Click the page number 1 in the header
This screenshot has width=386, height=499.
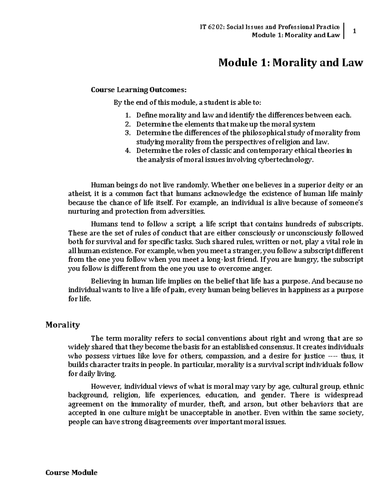coord(354,31)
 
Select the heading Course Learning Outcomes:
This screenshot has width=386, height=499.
coord(138,90)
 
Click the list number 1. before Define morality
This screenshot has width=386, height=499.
coord(128,115)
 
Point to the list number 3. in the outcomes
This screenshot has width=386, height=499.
coord(128,133)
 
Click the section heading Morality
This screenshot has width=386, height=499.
coord(62,325)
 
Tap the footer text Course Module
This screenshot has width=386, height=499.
coord(71,473)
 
